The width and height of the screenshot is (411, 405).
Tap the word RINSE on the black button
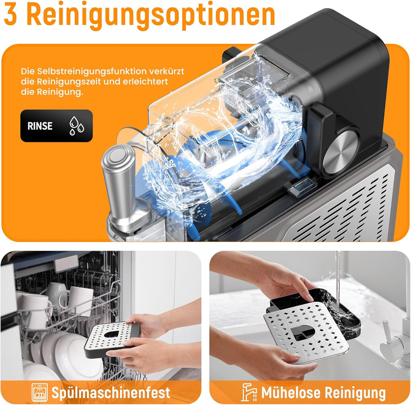(x=40, y=126)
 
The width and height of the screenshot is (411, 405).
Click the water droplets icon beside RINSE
(x=76, y=126)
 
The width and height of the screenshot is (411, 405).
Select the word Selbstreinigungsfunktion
(x=92, y=71)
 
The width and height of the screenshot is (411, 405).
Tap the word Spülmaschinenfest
(x=111, y=393)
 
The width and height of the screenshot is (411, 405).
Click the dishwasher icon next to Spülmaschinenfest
(x=40, y=393)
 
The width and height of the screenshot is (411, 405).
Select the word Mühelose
(x=291, y=393)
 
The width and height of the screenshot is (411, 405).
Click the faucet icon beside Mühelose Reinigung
(x=249, y=392)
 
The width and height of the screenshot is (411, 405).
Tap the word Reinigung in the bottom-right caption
(x=355, y=393)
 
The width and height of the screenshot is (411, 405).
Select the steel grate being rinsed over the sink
(x=307, y=332)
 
